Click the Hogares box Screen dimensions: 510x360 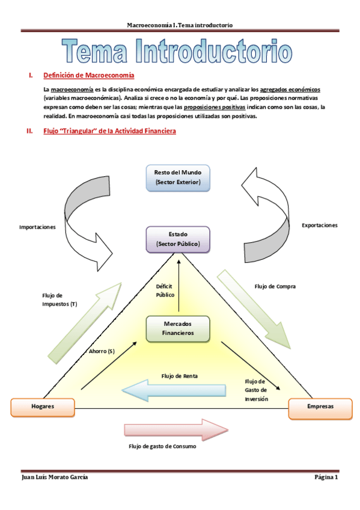pos(43,407)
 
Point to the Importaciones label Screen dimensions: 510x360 pos(37,227)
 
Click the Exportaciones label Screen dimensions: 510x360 pos(319,225)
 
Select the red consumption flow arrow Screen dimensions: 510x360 pos(176,429)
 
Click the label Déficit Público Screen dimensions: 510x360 pos(165,291)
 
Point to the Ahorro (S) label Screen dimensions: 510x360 pos(102,351)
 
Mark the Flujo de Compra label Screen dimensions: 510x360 pos(275,286)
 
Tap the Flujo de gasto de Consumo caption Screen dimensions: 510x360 pos(162,447)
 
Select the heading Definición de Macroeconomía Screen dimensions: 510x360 pos(89,76)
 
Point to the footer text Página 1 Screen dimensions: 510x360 pos(327,478)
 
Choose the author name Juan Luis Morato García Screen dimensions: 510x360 pos(58,478)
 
